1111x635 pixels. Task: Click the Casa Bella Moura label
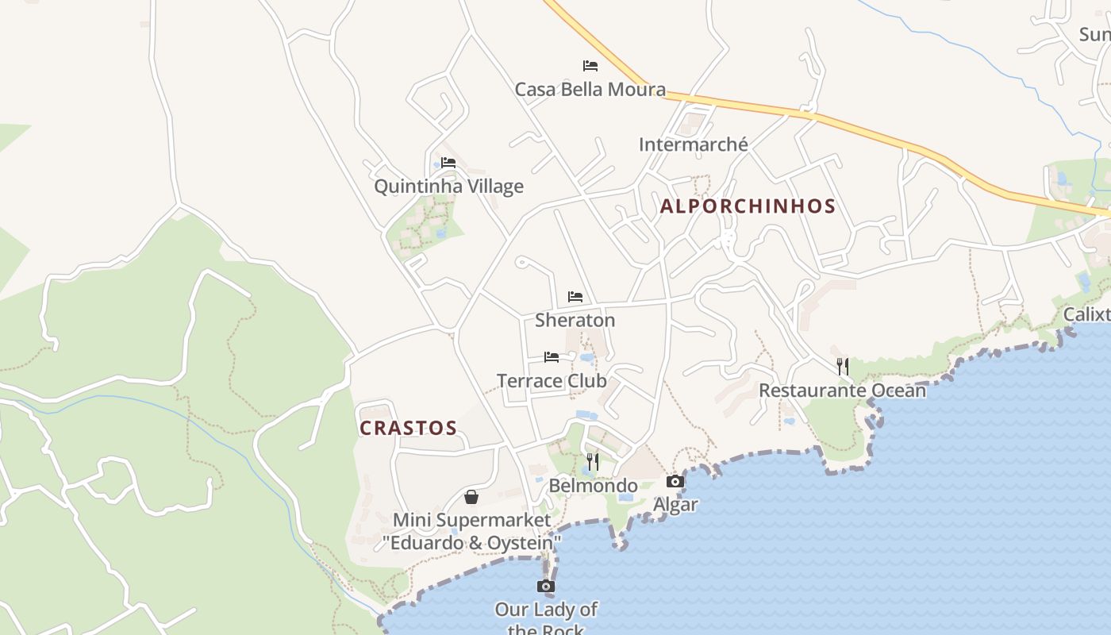[x=590, y=89]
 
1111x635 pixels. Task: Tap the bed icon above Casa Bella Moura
[x=590, y=65]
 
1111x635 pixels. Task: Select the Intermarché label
[x=693, y=144]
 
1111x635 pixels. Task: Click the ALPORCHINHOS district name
[x=748, y=206]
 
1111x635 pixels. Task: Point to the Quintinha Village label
[x=448, y=187]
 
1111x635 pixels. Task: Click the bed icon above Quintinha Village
[x=448, y=163]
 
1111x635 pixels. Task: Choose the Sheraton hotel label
[x=575, y=320]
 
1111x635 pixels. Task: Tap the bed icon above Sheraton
[x=575, y=297]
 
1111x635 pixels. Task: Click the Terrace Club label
[x=552, y=381]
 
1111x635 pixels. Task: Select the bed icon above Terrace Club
[x=552, y=357]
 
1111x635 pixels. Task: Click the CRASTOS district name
[x=408, y=429]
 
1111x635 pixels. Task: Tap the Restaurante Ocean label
[x=842, y=391]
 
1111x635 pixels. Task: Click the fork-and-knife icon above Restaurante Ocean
[x=842, y=366]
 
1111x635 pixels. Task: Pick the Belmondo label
[x=593, y=486]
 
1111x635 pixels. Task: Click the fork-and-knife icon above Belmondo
[x=592, y=461]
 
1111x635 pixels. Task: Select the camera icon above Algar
[x=675, y=481]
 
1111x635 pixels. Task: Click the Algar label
[x=675, y=505]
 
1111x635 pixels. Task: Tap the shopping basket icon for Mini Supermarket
[x=471, y=497]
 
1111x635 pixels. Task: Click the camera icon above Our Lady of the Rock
[x=545, y=587]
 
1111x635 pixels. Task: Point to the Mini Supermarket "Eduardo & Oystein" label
[x=471, y=532]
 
